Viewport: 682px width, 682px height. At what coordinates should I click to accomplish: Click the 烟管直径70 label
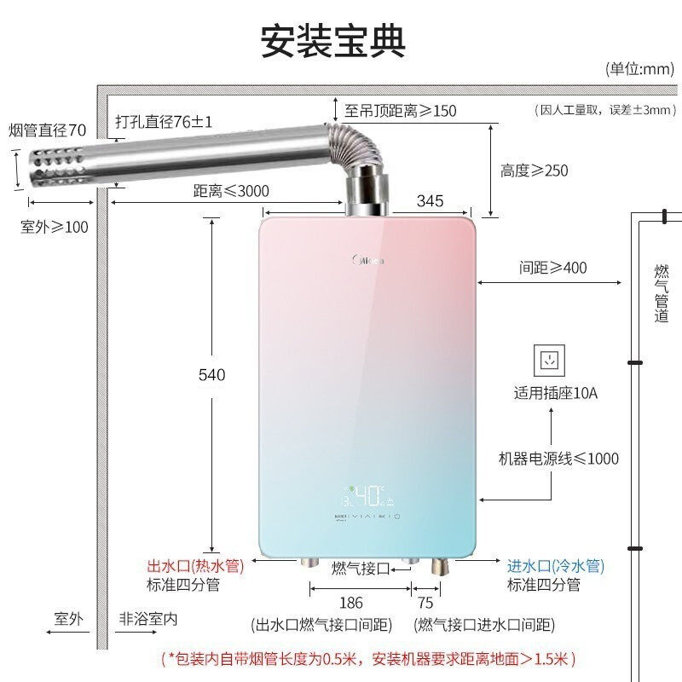pyautogui.click(x=47, y=130)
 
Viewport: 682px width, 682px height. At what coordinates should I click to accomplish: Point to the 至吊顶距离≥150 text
pyautogui.click(x=400, y=111)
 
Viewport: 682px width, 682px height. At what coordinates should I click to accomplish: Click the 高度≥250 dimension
pyautogui.click(x=534, y=170)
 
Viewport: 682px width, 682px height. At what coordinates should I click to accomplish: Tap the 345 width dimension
pyautogui.click(x=431, y=201)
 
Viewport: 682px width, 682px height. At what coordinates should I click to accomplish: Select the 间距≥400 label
pyautogui.click(x=552, y=268)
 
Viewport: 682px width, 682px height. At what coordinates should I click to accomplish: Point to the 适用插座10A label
pyautogui.click(x=556, y=394)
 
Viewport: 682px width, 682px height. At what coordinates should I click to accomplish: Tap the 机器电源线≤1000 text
pyautogui.click(x=558, y=459)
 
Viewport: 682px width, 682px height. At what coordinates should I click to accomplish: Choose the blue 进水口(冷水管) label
pyautogui.click(x=555, y=566)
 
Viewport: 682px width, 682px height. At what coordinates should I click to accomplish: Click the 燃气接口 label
pyautogui.click(x=361, y=568)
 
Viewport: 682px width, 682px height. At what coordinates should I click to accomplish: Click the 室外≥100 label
pyautogui.click(x=54, y=227)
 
